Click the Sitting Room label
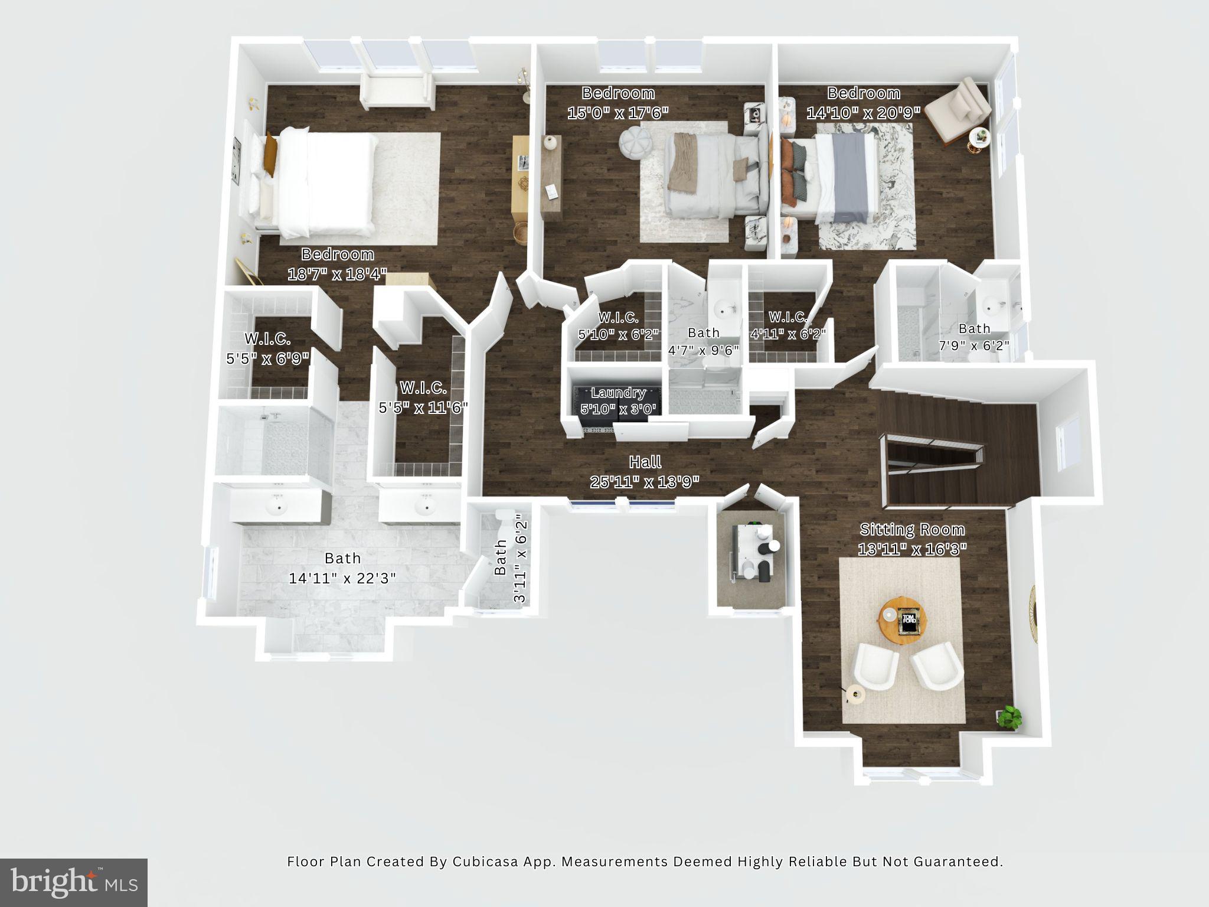(x=912, y=529)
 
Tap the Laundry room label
(x=618, y=393)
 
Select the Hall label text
(x=645, y=462)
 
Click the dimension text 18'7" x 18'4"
(x=337, y=274)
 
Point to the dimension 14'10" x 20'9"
(x=863, y=112)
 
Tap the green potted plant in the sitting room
(x=1009, y=716)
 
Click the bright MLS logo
(x=74, y=882)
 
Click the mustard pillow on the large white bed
(x=270, y=154)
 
